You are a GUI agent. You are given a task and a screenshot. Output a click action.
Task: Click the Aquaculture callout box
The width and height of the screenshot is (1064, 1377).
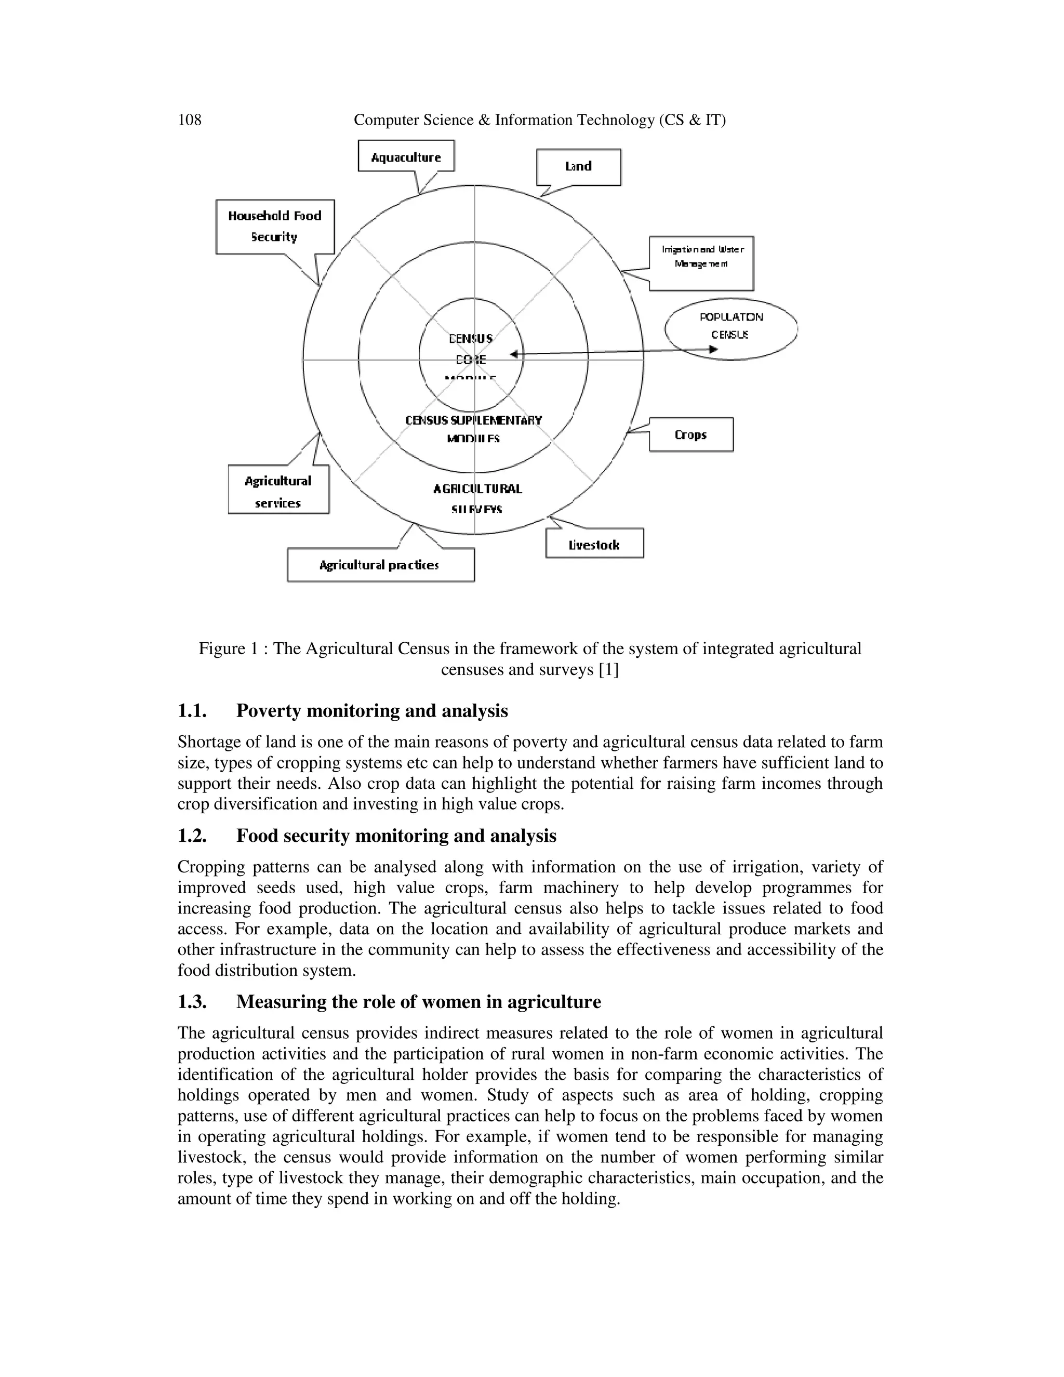click(406, 156)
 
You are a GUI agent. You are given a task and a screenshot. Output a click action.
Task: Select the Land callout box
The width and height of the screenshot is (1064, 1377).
click(578, 166)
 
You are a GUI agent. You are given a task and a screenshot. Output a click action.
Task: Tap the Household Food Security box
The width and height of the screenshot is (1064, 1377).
click(275, 227)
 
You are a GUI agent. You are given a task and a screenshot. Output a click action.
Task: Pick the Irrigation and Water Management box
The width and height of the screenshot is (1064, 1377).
click(701, 262)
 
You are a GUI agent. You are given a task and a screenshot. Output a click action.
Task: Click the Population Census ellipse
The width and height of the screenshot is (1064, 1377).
click(730, 328)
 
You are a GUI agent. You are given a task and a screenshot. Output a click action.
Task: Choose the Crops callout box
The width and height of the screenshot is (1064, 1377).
click(691, 434)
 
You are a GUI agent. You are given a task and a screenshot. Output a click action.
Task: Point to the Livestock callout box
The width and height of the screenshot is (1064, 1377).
click(594, 544)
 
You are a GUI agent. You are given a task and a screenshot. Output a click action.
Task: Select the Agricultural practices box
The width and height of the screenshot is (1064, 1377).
click(380, 565)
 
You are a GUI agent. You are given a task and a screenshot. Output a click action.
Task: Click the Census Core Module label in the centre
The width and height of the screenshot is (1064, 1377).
click(471, 349)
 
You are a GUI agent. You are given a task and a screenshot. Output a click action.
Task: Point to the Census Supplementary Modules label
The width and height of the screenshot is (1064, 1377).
click(473, 428)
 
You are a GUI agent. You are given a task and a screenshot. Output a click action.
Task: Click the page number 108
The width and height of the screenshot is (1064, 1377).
click(190, 120)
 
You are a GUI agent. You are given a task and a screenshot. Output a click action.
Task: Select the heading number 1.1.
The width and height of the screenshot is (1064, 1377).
click(192, 711)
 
